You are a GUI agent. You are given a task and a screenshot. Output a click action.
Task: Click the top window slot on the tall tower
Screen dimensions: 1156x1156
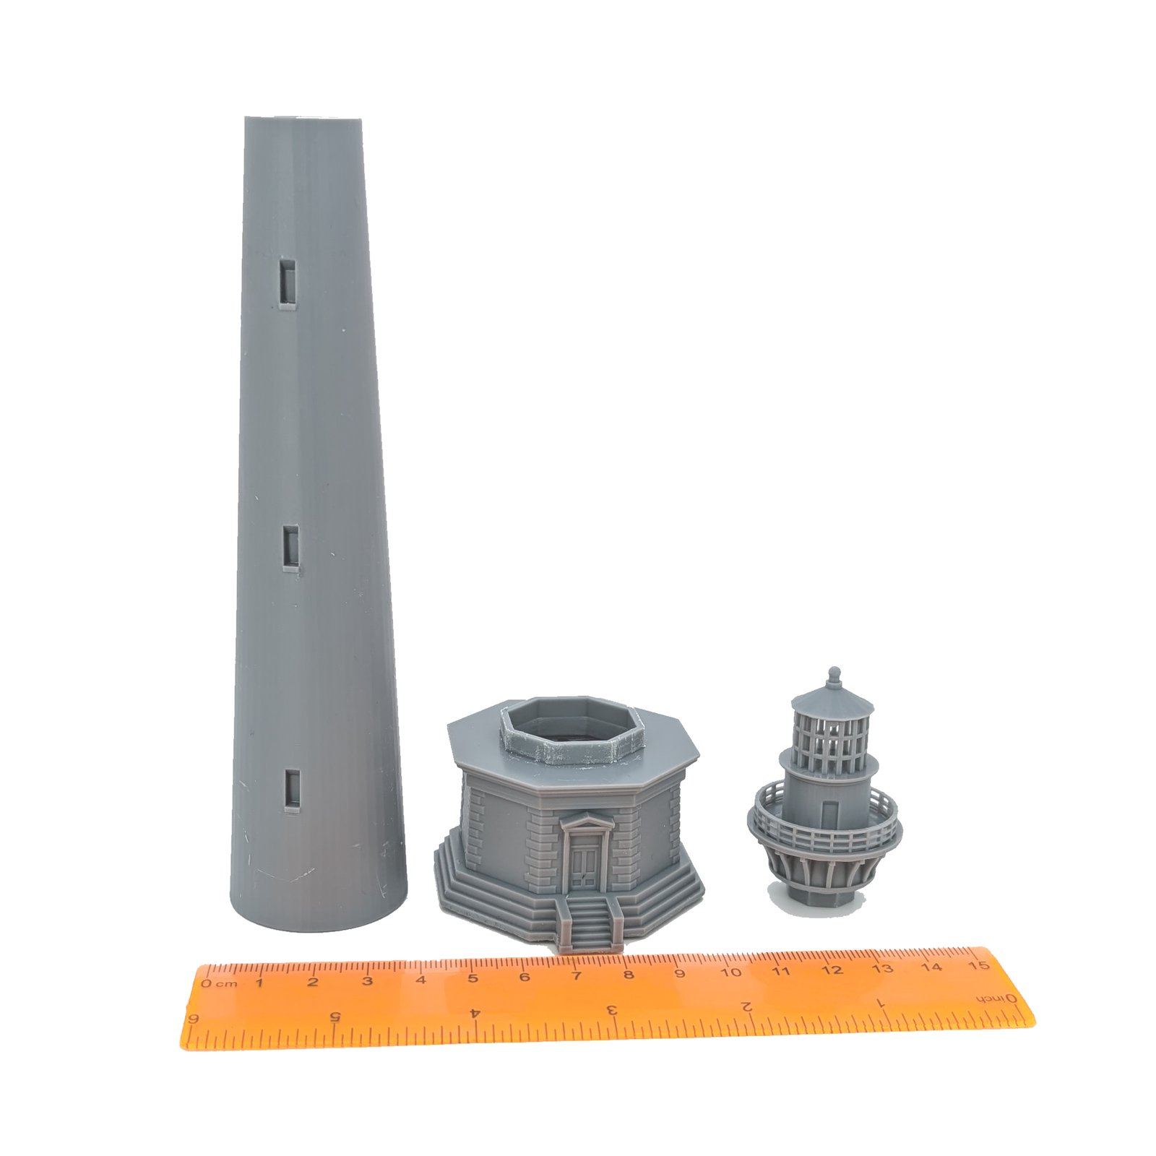pyautogui.click(x=288, y=282)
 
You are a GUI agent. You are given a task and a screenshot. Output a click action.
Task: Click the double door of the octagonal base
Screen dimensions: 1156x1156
pyautogui.click(x=584, y=870)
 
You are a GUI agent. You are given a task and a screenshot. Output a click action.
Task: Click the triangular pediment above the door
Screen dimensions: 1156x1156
pyautogui.click(x=585, y=821)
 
